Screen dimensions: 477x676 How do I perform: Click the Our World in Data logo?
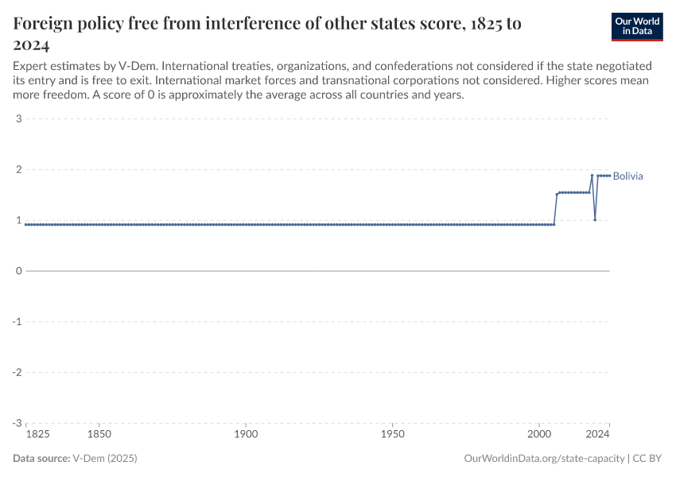(637, 26)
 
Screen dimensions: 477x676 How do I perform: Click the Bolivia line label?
(627, 176)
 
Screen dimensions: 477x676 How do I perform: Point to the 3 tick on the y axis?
(17, 119)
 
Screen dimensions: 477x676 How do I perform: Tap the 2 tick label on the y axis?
(17, 170)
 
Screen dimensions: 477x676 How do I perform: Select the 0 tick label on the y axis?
(17, 271)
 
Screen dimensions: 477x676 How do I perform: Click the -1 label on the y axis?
(16, 322)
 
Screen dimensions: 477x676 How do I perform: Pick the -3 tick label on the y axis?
(16, 423)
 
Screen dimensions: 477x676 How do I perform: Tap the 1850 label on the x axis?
(99, 435)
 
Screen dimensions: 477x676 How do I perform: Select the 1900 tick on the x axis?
(246, 435)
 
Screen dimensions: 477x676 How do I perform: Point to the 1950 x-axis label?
(392, 435)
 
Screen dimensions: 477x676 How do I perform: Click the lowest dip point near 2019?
(595, 219)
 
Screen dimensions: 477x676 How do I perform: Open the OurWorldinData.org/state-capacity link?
(543, 459)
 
